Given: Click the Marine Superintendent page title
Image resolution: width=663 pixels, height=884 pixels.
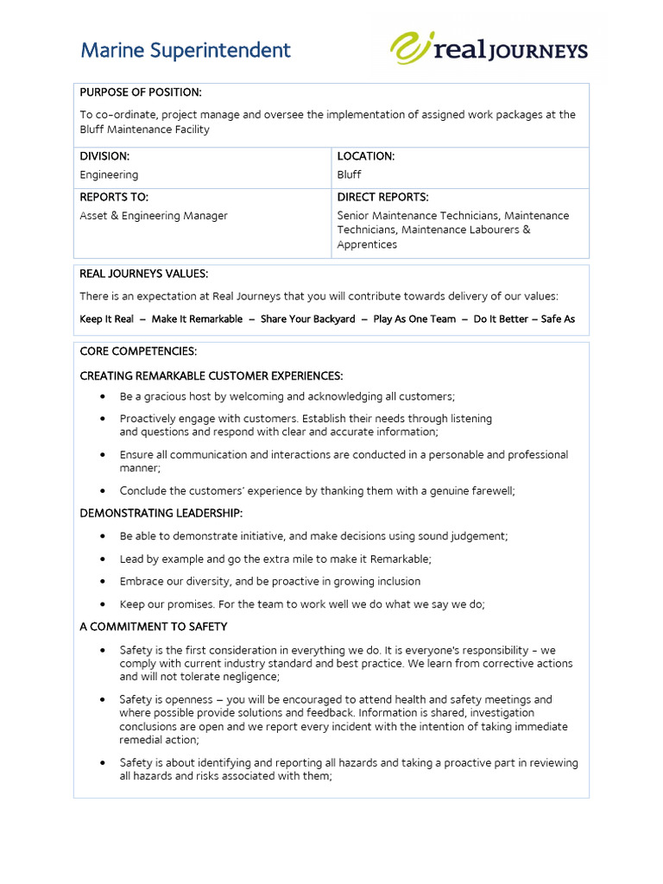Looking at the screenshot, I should coord(186,51).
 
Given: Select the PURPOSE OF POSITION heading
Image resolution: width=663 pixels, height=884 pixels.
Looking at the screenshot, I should coord(141,92).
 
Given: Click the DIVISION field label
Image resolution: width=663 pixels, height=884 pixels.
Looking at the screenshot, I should coord(104,156).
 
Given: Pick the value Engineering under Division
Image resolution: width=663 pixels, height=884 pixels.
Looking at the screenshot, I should coord(109,174).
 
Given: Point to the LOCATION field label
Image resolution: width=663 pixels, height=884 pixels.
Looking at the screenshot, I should coord(366,156).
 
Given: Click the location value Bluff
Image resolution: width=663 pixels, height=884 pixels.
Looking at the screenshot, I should coord(349,174).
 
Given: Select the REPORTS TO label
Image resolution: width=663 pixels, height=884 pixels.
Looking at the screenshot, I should coord(114,197).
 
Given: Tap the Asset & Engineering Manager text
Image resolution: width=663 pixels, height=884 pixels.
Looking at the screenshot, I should coord(154,216).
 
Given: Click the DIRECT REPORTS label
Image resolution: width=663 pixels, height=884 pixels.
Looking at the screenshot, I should coord(382,197).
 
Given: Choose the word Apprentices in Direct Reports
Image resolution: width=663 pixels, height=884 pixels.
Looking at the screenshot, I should coord(367,244).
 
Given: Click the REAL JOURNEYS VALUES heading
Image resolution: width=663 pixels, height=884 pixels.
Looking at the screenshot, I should coord(143,274).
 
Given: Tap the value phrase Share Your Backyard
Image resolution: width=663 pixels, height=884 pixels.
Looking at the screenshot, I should coord(307,319).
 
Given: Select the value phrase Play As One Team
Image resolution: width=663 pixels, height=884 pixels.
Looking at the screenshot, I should coord(414,319).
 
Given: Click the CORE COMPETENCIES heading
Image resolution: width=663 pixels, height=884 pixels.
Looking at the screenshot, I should coord(138,351).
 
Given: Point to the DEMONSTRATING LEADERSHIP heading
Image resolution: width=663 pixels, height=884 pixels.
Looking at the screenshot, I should coord(161,514).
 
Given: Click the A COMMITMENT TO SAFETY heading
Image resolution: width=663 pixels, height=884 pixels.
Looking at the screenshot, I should coord(154,626).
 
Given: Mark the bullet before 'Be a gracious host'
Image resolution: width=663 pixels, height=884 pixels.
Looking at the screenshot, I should coord(103,396).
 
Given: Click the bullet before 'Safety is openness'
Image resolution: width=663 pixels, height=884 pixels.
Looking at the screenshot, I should coord(103,699).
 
